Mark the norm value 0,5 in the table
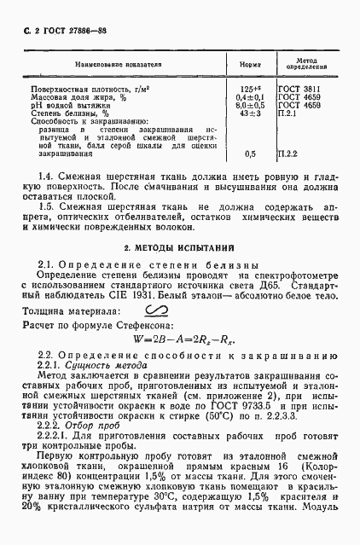click(250, 154)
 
